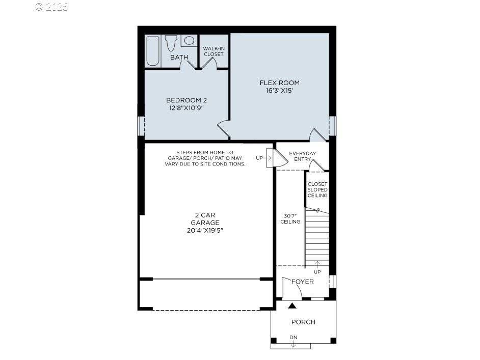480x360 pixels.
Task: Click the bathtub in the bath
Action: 153,51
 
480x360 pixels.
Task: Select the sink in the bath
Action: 189,41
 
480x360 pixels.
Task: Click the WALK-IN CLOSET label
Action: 214,51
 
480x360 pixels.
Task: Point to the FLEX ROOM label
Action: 279,82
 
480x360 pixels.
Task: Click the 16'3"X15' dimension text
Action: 279,91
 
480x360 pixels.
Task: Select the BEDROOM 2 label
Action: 186,100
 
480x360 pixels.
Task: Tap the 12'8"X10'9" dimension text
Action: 186,108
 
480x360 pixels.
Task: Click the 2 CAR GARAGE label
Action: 205,219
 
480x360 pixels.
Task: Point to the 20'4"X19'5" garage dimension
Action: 205,230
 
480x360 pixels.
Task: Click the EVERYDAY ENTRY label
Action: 302,156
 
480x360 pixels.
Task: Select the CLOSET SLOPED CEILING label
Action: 317,189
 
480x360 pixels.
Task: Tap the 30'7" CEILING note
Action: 290,218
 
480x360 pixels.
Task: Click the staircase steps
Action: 317,237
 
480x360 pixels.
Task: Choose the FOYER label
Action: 302,282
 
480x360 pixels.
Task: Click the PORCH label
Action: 303,322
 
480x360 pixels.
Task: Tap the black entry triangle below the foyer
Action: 292,306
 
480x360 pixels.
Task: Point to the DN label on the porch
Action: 293,338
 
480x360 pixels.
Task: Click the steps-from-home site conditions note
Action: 205,158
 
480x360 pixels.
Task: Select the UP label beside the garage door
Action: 259,158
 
